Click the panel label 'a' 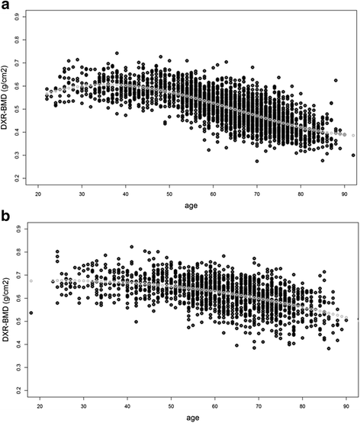pyautogui.click(x=6, y=7)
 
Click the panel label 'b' pyautogui.click(x=6, y=219)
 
